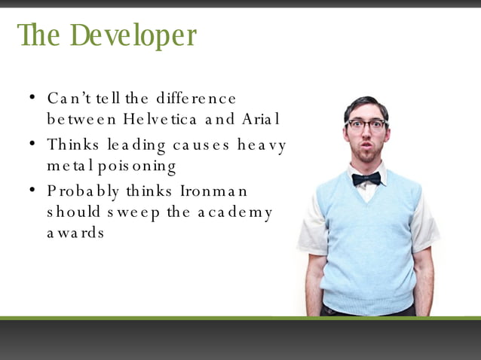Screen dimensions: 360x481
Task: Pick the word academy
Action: pyautogui.click(x=234, y=212)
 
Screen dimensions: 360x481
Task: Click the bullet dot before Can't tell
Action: pyautogui.click(x=32, y=98)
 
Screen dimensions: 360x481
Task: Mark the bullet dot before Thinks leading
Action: pyautogui.click(x=32, y=143)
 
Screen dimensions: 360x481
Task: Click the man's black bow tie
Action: pyautogui.click(x=366, y=178)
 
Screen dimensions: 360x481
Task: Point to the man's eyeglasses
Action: pyautogui.click(x=366, y=125)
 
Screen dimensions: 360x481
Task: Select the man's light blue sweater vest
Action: pyautogui.click(x=367, y=241)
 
